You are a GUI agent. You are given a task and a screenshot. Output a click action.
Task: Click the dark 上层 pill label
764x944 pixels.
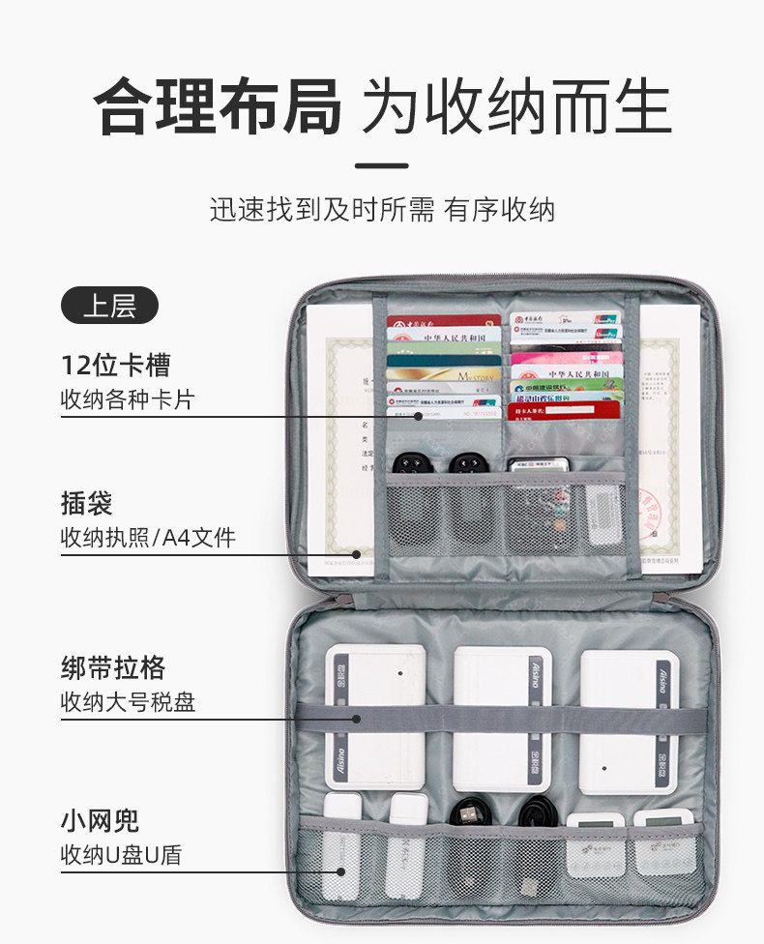[109, 306]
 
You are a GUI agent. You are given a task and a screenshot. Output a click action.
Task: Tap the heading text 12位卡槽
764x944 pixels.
[116, 365]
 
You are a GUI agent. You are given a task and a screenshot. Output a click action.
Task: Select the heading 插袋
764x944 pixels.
[87, 503]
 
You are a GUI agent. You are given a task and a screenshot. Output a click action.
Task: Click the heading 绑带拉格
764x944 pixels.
[113, 667]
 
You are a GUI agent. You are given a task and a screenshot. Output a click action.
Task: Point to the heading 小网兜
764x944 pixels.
[101, 821]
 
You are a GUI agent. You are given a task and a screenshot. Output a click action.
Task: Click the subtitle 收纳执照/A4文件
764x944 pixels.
[148, 537]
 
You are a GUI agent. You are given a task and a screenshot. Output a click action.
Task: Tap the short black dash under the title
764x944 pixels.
[381, 165]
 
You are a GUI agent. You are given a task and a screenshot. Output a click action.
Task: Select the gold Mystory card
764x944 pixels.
[444, 374]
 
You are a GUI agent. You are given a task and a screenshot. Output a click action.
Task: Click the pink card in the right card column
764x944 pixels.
[565, 358]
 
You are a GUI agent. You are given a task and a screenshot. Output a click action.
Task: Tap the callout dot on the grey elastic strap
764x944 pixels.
[357, 719]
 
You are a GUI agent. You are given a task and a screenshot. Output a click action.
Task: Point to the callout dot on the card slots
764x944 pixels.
[419, 416]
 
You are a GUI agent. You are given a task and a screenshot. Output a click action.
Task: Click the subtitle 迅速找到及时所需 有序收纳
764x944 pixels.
[382, 210]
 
